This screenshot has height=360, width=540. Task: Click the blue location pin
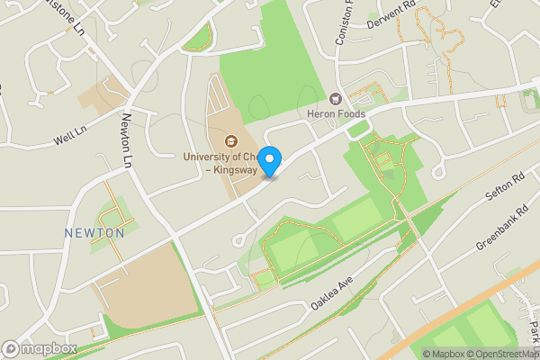point(269,160)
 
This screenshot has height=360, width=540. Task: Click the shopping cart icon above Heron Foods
point(337,98)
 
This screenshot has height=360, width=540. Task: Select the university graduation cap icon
point(231,140)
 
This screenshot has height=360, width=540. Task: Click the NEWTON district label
point(94,233)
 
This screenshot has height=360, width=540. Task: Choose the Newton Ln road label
point(126,143)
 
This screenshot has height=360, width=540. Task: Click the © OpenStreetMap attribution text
point(491,353)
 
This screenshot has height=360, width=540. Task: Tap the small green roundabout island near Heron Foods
point(358,130)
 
